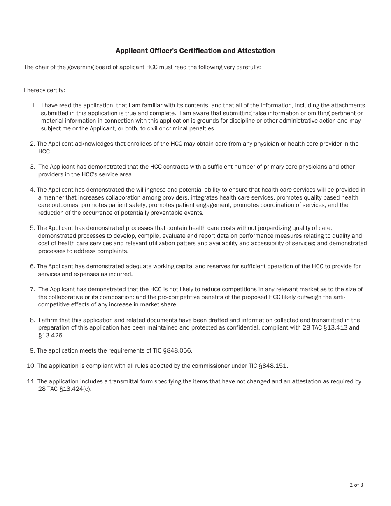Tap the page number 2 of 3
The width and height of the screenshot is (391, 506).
pos(356,485)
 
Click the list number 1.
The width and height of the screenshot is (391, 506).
pos(34,106)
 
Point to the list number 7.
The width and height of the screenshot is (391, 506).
pos(32,290)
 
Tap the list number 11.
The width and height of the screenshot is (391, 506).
pos(31,381)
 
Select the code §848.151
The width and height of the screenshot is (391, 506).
pos(273,366)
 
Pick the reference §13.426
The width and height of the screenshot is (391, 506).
pos(51,336)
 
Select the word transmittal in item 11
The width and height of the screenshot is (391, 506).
pos(119,381)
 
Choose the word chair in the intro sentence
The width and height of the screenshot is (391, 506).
pos(42,67)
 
